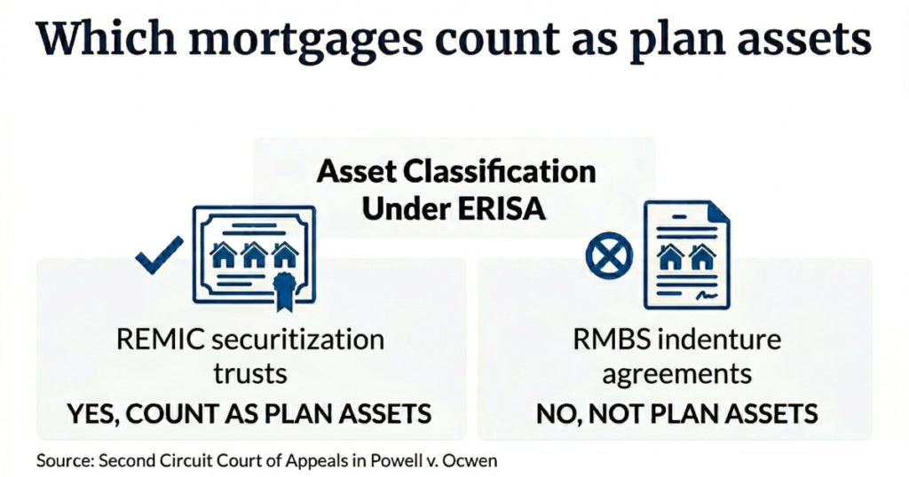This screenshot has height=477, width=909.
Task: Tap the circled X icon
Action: (609, 256)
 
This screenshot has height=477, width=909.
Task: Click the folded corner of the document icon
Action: (718, 213)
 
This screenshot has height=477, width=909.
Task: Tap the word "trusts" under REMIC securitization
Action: (251, 372)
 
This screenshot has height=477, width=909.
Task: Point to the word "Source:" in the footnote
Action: (65, 461)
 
